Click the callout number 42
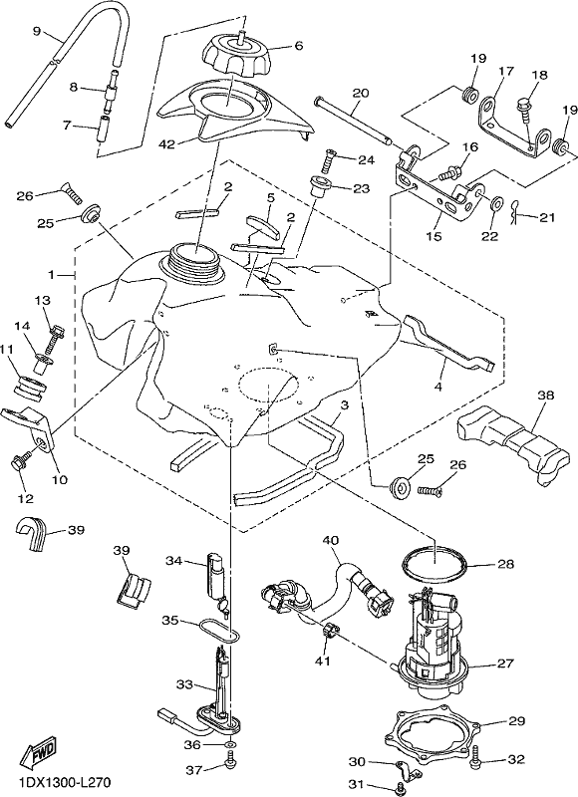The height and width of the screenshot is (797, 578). coord(166,144)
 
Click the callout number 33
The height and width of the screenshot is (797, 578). coord(185,684)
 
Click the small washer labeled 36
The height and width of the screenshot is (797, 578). coord(229,744)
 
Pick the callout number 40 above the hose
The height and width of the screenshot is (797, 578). coord(331,540)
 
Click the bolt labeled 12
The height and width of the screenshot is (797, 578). coord(21,463)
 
